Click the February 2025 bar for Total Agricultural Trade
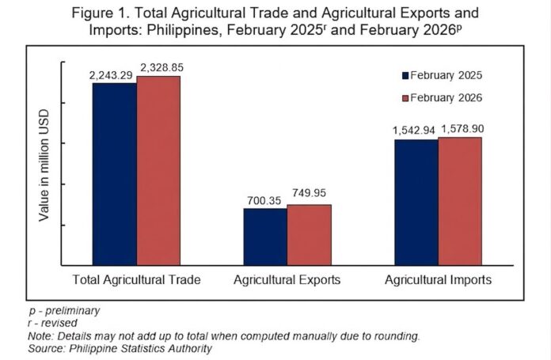pyautogui.click(x=115, y=174)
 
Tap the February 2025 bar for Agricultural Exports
pyautogui.click(x=265, y=237)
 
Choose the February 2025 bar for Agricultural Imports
pyautogui.click(x=416, y=202)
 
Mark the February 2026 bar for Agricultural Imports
pyautogui.click(x=460, y=201)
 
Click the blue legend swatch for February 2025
pyautogui.click(x=405, y=76)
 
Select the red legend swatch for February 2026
pyautogui.click(x=405, y=98)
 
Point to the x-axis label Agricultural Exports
pyautogui.click(x=287, y=280)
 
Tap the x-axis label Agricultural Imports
pyautogui.click(x=438, y=280)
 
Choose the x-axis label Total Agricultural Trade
pyautogui.click(x=136, y=280)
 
